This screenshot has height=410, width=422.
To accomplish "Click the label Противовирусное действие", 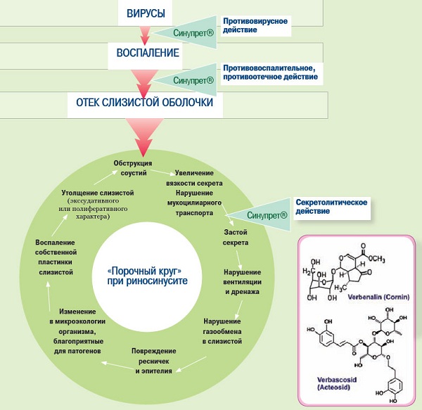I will pyautogui.click(x=255, y=26).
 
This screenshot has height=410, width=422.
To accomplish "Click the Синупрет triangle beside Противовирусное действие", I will pyautogui.click(x=185, y=32).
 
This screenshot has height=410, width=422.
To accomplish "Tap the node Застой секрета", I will pyautogui.click(x=236, y=237).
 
